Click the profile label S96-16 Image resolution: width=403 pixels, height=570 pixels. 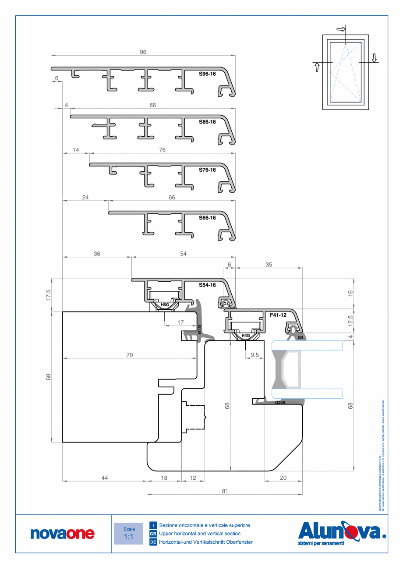[207, 74]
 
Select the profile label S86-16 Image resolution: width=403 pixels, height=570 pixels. [207, 122]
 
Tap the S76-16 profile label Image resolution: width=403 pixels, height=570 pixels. [207, 170]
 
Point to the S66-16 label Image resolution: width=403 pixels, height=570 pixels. [207, 218]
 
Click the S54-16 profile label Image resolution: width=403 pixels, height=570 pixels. [207, 285]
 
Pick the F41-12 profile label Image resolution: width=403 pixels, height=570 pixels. [278, 315]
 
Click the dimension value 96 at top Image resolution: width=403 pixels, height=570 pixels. [143, 52]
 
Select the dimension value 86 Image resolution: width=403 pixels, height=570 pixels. [152, 105]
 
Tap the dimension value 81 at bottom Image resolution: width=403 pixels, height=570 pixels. [225, 491]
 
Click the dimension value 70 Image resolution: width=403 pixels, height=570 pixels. [130, 355]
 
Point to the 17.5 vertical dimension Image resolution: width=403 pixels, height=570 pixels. [49, 294]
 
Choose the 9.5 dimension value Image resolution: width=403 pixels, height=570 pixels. [254, 355]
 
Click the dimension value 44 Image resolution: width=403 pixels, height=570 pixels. [104, 478]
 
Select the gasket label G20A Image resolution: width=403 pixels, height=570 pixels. [280, 403]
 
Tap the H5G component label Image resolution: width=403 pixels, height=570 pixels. [165, 304]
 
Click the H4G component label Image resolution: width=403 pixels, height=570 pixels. [245, 336]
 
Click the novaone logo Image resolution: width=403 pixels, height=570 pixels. [62, 533]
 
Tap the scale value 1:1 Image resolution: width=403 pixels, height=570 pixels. [129, 537]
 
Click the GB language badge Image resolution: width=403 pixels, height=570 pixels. [153, 534]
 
